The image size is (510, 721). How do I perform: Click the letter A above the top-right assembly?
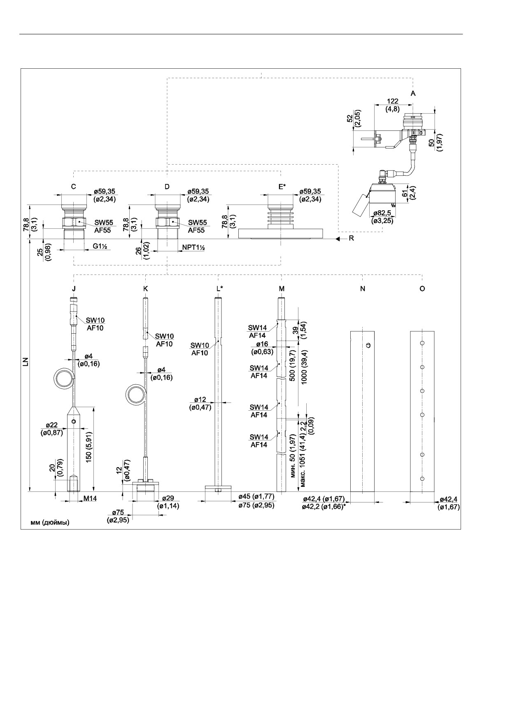tap(413, 93)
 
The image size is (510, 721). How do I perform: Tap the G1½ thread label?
tap(100, 246)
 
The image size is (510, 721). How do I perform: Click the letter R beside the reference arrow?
tap(351, 238)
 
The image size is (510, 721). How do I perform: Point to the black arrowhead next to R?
tap(338, 239)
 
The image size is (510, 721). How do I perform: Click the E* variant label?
tap(282, 186)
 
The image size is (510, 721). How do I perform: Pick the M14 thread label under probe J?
tap(90, 498)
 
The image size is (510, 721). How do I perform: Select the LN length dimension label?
tap(26, 362)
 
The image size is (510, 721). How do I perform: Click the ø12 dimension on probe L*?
tap(200, 400)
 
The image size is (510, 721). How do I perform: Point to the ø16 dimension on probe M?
tap(262, 344)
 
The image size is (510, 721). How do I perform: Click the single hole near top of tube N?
tap(368, 345)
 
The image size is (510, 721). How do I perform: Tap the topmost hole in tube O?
tap(422, 343)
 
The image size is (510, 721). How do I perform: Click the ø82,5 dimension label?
tap(382, 213)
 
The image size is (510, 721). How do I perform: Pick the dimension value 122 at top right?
tap(393, 101)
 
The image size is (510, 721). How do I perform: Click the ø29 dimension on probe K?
tap(168, 498)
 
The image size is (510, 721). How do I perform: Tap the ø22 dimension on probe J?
tap(51, 425)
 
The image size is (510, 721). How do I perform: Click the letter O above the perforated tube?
tap(422, 288)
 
